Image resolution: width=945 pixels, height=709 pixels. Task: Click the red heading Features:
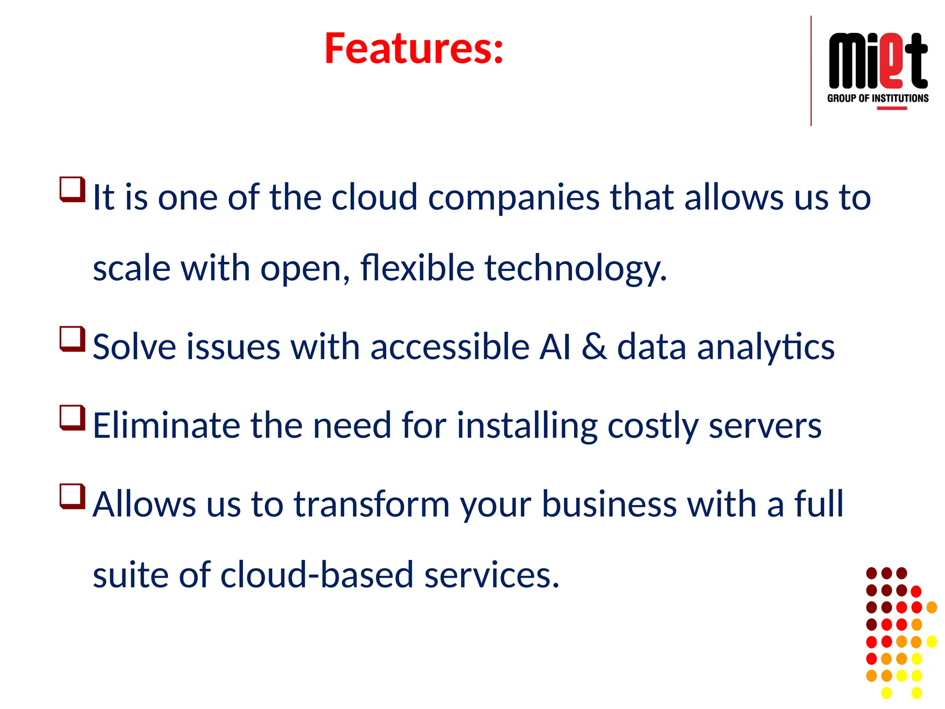pos(413,48)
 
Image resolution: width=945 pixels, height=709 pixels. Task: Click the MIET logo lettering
pos(878,61)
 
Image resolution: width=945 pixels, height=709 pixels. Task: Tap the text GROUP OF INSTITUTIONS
pos(878,98)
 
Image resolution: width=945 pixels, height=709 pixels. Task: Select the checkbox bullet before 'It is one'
pos(72,189)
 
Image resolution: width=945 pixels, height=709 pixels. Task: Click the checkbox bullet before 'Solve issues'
pos(72,339)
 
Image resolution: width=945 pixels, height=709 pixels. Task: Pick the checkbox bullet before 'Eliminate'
pos(72,417)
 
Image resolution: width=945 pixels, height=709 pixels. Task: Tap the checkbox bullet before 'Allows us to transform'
pos(72,496)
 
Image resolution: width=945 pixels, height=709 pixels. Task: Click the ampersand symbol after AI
pos(594,347)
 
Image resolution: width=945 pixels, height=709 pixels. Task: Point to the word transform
pos(371,504)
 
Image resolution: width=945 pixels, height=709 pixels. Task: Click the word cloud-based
pos(317,575)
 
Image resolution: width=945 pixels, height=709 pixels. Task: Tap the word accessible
pos(450,347)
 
